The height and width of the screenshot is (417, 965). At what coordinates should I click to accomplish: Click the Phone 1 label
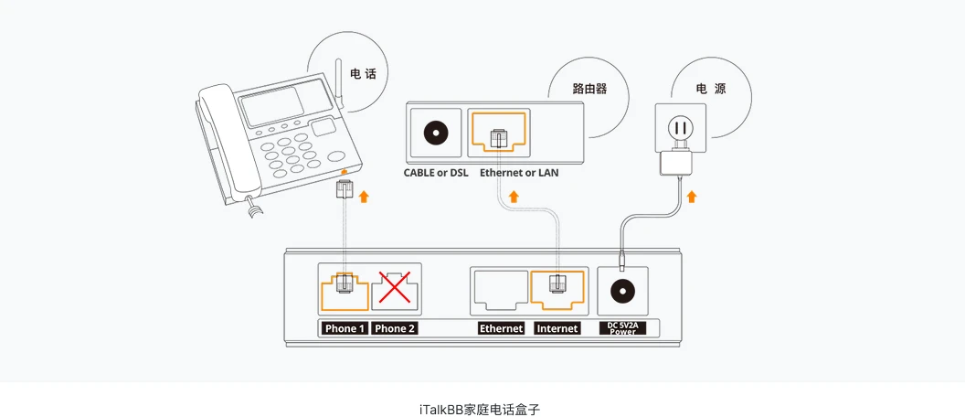tap(345, 328)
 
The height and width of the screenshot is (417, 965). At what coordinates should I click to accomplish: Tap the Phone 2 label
tap(395, 328)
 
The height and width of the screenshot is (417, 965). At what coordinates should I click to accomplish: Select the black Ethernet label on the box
tap(501, 328)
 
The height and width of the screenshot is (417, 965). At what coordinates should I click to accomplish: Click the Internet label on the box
tap(557, 328)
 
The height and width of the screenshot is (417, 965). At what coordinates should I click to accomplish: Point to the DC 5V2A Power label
tap(622, 328)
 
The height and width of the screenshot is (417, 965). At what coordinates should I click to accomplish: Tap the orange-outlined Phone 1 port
tap(344, 288)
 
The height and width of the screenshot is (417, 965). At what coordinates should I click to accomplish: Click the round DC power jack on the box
tap(622, 292)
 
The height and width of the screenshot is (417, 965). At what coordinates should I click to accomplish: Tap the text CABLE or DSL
tap(436, 172)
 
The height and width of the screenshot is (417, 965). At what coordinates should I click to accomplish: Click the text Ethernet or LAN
tap(519, 172)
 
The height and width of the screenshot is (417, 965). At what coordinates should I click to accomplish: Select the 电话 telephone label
tap(363, 73)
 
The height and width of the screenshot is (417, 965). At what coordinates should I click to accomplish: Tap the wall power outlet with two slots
tap(679, 128)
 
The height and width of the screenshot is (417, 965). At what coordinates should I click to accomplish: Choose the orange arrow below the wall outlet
tap(692, 197)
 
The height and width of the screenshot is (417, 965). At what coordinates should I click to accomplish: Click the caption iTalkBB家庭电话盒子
tap(482, 408)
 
